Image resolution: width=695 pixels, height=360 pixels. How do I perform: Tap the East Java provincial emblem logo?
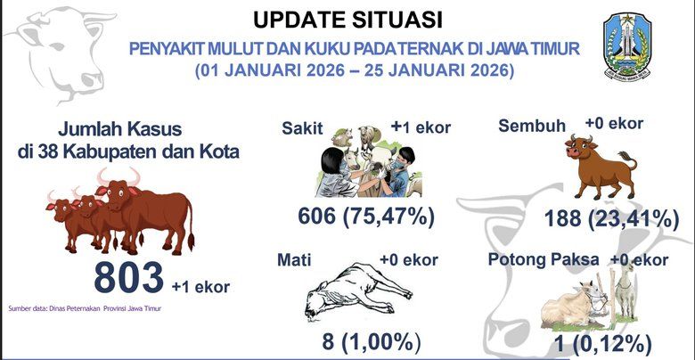632,43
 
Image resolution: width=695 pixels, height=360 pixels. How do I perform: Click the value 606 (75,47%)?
366,217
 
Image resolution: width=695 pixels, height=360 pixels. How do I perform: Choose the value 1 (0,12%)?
602,342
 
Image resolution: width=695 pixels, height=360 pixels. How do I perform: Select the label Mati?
294,261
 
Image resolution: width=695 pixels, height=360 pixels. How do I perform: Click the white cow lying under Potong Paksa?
575,303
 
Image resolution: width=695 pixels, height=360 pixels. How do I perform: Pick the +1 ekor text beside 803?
200,286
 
